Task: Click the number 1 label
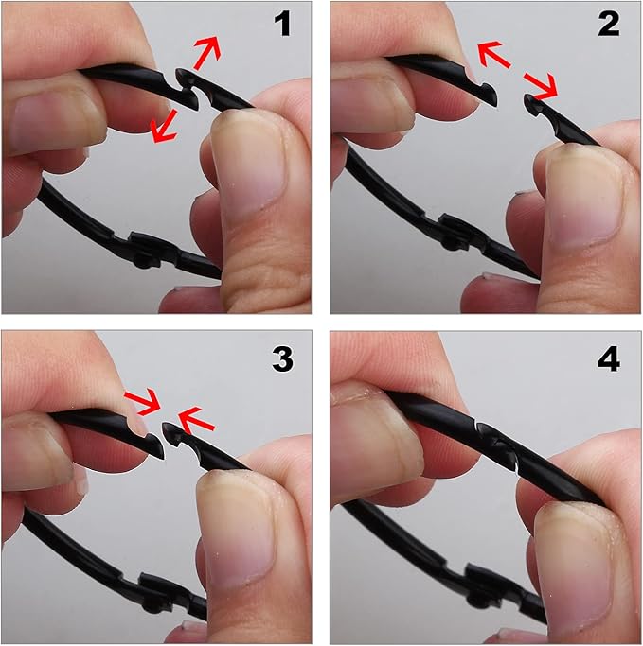(283, 25)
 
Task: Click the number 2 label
(608, 25)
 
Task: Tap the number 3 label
(282, 359)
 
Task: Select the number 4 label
(608, 359)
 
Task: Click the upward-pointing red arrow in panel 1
(207, 52)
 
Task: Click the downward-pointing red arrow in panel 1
(164, 127)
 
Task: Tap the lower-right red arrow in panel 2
(541, 86)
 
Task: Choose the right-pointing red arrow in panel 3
(143, 401)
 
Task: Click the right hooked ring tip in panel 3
(175, 435)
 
